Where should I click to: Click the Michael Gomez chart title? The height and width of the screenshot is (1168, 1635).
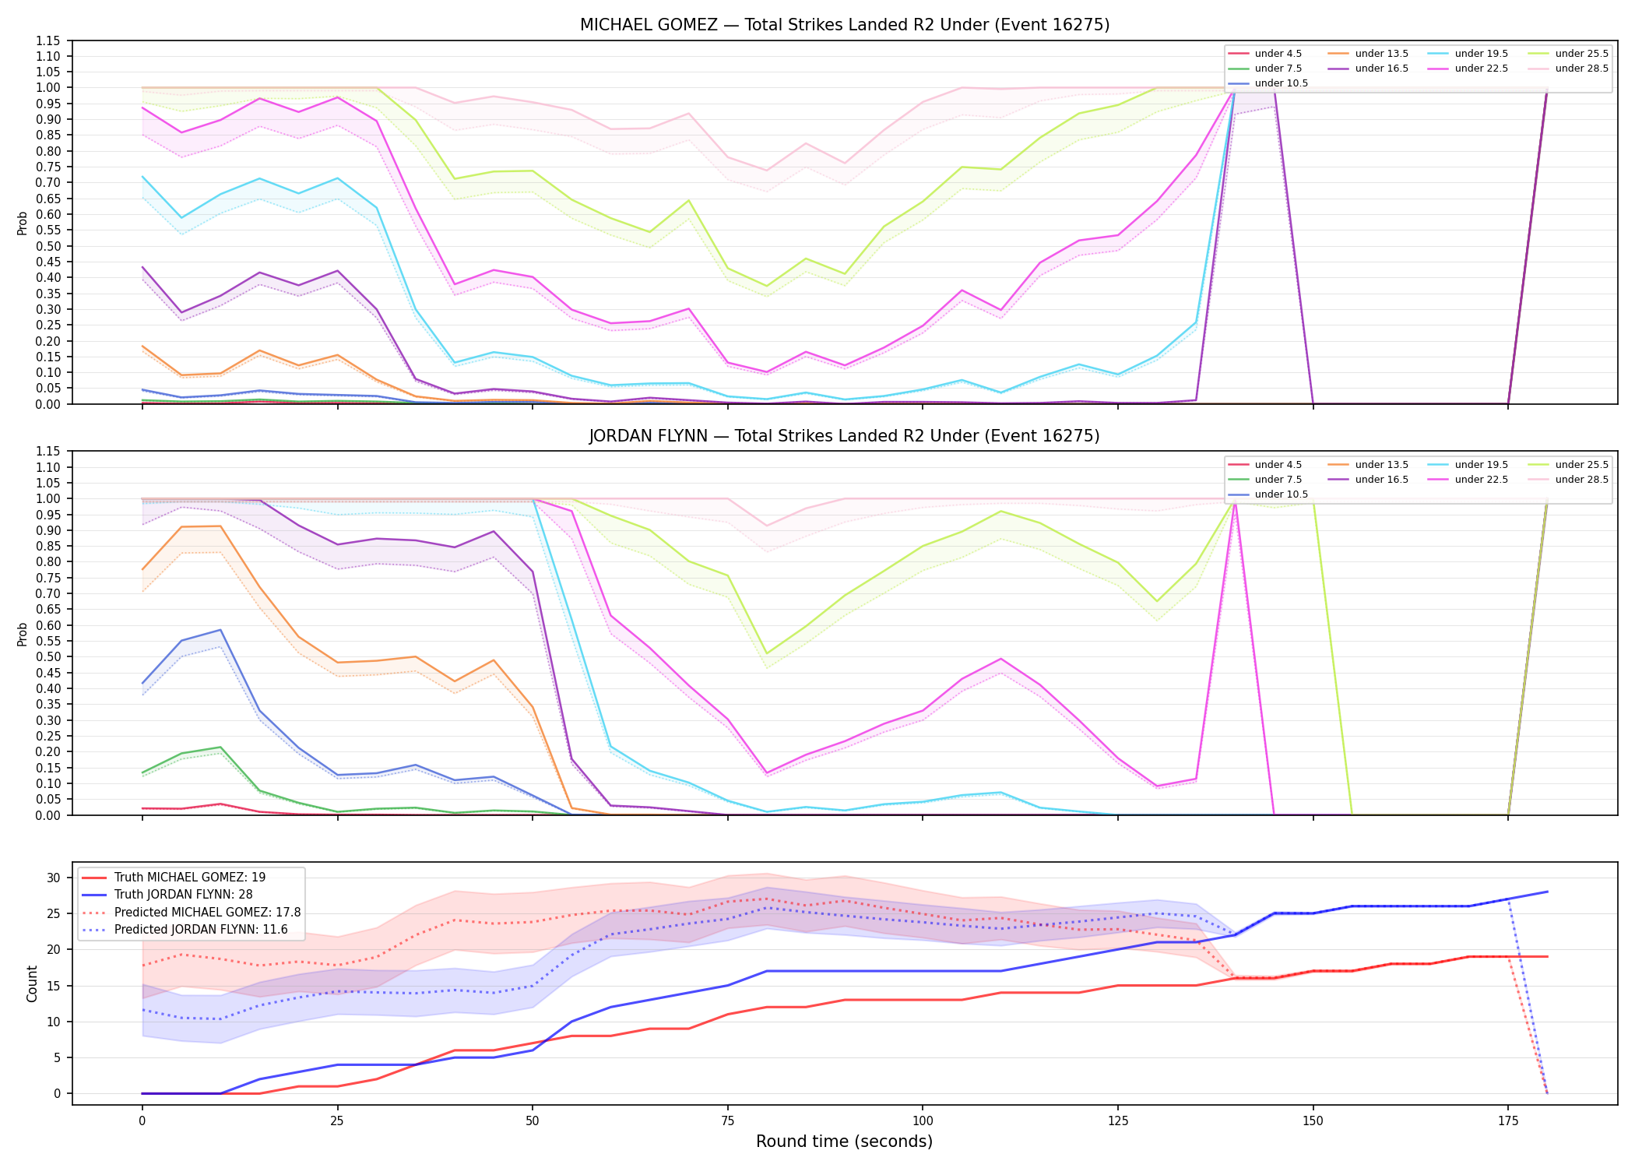pyautogui.click(x=845, y=25)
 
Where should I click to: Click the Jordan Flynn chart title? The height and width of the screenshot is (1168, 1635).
pyautogui.click(x=845, y=436)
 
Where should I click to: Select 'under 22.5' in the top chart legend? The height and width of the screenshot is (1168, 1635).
pyautogui.click(x=1481, y=69)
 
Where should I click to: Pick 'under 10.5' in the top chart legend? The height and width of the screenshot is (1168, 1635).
pyautogui.click(x=1282, y=83)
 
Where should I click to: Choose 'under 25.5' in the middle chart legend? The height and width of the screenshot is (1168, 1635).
pyautogui.click(x=1581, y=465)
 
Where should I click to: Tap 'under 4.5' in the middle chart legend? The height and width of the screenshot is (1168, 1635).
pyautogui.click(x=1278, y=465)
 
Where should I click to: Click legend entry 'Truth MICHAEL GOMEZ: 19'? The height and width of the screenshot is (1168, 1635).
pyautogui.click(x=190, y=878)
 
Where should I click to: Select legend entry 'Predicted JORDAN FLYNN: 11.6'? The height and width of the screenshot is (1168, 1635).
pyautogui.click(x=201, y=930)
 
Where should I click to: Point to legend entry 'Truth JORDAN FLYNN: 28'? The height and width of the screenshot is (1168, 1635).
pyautogui.click(x=184, y=895)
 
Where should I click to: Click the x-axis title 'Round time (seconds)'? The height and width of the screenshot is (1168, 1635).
pyautogui.click(x=844, y=1142)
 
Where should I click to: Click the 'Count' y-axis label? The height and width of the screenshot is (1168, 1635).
pyautogui.click(x=32, y=983)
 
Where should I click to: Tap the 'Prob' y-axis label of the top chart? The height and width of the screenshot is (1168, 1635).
pyautogui.click(x=23, y=223)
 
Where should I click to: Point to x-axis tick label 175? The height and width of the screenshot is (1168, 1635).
pyautogui.click(x=1508, y=1121)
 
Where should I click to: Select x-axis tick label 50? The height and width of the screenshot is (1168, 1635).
pyautogui.click(x=532, y=1121)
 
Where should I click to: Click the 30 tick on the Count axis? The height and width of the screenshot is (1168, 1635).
pyautogui.click(x=53, y=878)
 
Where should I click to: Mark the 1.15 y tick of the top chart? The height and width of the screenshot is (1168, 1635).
pyautogui.click(x=48, y=40)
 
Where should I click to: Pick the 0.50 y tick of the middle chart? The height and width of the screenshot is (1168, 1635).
pyautogui.click(x=48, y=656)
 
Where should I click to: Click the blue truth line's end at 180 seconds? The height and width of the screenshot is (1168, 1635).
pyautogui.click(x=1547, y=892)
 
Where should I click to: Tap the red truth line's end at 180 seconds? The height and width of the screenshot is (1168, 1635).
pyautogui.click(x=1547, y=956)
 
